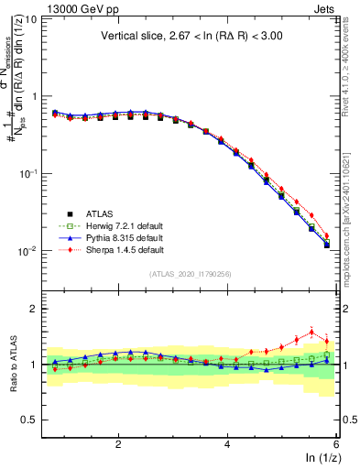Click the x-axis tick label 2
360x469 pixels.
click(118, 444)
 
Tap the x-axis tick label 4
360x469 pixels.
click(227, 444)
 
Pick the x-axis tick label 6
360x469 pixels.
click(335, 444)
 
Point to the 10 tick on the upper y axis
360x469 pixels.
click(31, 18)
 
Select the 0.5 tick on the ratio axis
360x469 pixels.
click(30, 420)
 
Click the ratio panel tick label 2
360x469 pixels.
click(34, 309)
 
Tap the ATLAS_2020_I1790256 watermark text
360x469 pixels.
click(191, 273)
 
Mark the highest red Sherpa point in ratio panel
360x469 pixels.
click(311, 332)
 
